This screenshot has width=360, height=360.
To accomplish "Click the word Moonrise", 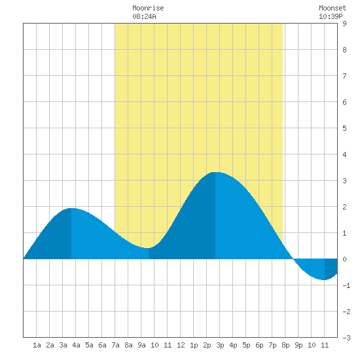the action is (x=148, y=8).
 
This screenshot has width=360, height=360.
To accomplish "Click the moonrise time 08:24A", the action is (x=144, y=16).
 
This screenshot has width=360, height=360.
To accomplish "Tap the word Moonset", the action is (x=333, y=8).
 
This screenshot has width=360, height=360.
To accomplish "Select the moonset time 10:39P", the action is (x=331, y=16).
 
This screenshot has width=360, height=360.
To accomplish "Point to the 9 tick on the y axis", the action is (x=344, y=24).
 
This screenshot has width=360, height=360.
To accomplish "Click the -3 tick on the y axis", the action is (x=346, y=338).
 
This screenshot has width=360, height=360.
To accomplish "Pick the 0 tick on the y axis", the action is (x=344, y=259).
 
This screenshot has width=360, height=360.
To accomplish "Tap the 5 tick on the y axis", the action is (x=344, y=128).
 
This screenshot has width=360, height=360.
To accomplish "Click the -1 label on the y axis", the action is (x=346, y=285).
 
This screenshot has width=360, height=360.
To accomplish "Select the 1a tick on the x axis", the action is (x=37, y=345).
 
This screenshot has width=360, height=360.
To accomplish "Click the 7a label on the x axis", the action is (x=115, y=345).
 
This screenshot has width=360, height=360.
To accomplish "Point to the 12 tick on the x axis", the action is (x=181, y=345).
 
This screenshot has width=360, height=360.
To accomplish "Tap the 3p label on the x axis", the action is (x=220, y=345).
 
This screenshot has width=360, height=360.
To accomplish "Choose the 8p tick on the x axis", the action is (x=285, y=345).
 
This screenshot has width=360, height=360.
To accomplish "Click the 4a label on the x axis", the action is (x=76, y=345).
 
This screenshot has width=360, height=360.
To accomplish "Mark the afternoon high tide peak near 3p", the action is (x=215, y=172).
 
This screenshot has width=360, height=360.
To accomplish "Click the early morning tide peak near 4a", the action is (x=71, y=208).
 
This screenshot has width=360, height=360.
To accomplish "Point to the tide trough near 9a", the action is (x=147, y=248).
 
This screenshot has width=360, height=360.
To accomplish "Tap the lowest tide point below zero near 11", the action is (x=323, y=280).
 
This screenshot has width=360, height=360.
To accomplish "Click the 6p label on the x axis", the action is (x=259, y=345).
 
